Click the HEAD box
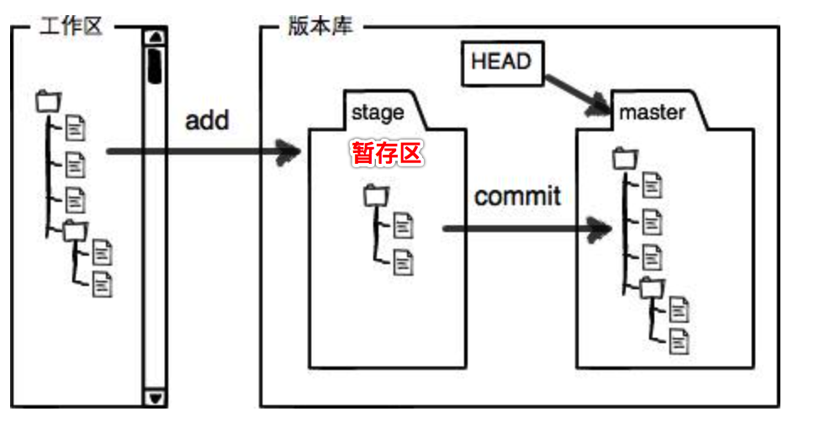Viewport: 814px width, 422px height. (501, 64)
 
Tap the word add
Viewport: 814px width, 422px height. (207, 119)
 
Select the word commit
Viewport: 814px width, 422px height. (517, 197)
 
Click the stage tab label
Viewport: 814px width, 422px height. (378, 112)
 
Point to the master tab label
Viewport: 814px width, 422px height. (652, 112)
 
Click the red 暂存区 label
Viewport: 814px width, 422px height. (385, 154)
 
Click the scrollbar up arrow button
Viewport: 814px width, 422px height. (155, 38)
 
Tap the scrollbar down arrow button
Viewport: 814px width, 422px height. (155, 398)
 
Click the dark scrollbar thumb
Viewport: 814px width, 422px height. (155, 65)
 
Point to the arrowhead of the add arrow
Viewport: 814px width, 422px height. (291, 152)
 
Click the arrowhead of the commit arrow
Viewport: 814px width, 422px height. (600, 228)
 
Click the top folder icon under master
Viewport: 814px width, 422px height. (625, 157)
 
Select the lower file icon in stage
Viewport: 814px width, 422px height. (404, 261)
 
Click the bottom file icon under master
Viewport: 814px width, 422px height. (679, 340)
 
